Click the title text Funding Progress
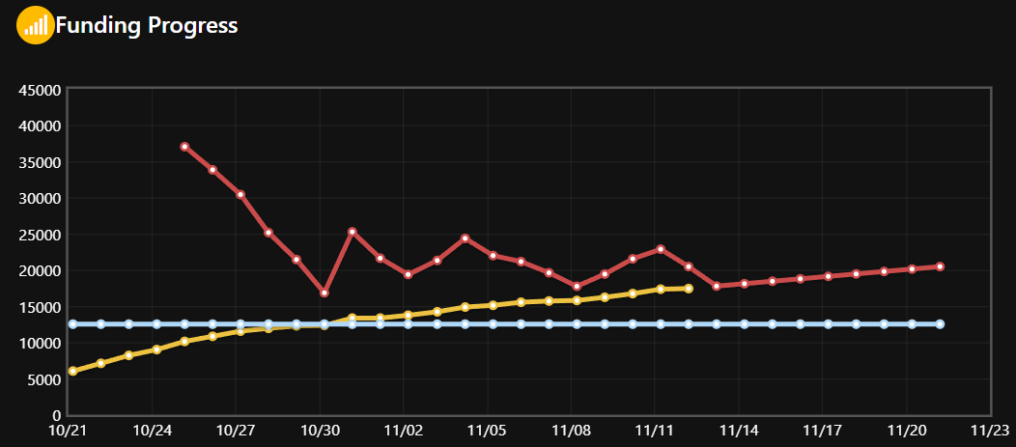(147, 25)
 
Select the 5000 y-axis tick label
(45, 379)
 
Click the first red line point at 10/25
(184, 147)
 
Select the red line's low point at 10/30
(325, 293)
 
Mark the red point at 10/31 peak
(353, 232)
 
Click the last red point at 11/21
(940, 266)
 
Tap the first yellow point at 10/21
(72, 371)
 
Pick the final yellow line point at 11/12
(689, 289)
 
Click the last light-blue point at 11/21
(940, 324)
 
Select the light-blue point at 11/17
(828, 324)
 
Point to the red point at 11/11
(661, 249)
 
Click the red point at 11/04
(465, 237)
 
